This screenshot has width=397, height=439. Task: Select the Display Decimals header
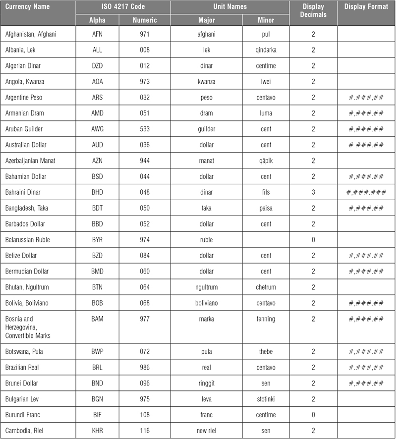313,11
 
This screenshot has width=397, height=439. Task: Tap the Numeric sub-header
145,20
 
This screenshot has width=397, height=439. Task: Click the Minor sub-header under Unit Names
266,20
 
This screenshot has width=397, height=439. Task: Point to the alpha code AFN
98,34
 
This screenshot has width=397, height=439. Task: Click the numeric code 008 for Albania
145,50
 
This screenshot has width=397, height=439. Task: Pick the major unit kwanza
206,82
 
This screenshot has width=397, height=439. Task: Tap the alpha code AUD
98,145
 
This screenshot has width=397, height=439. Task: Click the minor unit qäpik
266,161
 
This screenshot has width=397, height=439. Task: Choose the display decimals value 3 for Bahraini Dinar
313,192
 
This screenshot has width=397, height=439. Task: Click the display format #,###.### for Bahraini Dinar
366,192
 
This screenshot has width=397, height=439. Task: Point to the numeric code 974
145,240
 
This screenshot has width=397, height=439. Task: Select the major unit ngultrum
206,287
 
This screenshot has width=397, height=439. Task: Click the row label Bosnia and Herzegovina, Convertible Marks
29,327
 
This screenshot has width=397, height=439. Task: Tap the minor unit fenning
266,319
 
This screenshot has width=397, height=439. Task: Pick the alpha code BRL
98,368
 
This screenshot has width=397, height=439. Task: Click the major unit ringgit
206,384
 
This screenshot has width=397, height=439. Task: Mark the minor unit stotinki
266,399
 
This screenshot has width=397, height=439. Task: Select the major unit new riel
206,431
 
